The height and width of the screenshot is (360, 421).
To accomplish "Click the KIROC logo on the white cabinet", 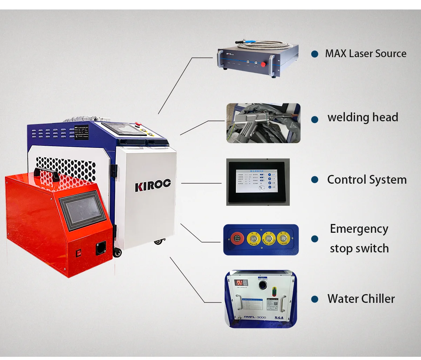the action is pos(153,185).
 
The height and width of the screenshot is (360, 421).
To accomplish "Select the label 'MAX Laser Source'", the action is pos(366,54).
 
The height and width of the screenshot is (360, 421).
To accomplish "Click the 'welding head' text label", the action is pos(363,117).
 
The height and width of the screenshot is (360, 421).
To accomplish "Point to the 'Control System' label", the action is pos(367,179).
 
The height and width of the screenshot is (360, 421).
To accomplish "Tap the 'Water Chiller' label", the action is pos(361,299).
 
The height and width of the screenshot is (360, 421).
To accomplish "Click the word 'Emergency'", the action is pos(359,229).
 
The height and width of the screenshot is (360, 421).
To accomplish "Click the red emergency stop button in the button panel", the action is pos(237,238).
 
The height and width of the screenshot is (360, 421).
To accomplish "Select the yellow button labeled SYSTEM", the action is pos(253,238).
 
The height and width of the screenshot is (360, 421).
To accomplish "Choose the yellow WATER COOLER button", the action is pos(268,238).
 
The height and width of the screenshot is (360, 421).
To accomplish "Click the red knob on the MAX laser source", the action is pos(264,64).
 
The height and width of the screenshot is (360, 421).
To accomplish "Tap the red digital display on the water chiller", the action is pos(241,283).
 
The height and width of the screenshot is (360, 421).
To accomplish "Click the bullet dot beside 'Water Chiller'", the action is pos(315,299).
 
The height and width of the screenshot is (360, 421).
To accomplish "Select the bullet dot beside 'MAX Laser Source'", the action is pos(315,54).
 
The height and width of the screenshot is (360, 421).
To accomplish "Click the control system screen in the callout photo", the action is pos(255,182).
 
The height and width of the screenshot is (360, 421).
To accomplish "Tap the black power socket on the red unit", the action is pos(101,248).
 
